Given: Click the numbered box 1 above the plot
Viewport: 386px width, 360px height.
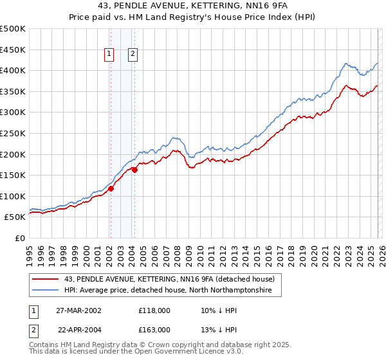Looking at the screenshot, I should (110, 55).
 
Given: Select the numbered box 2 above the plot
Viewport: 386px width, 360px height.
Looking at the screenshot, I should (133, 55).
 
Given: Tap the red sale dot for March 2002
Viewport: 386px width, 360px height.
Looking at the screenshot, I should (111, 188).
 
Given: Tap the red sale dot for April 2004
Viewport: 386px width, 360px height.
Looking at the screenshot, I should (134, 170).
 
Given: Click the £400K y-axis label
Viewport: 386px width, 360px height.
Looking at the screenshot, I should (13, 70).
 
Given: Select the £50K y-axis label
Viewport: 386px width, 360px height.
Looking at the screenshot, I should (15, 217).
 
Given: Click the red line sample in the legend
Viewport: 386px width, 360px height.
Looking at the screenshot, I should (46, 279).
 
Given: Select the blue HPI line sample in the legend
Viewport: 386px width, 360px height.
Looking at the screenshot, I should (46, 291).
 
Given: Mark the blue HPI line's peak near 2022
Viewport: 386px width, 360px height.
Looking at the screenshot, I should (346, 64).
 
